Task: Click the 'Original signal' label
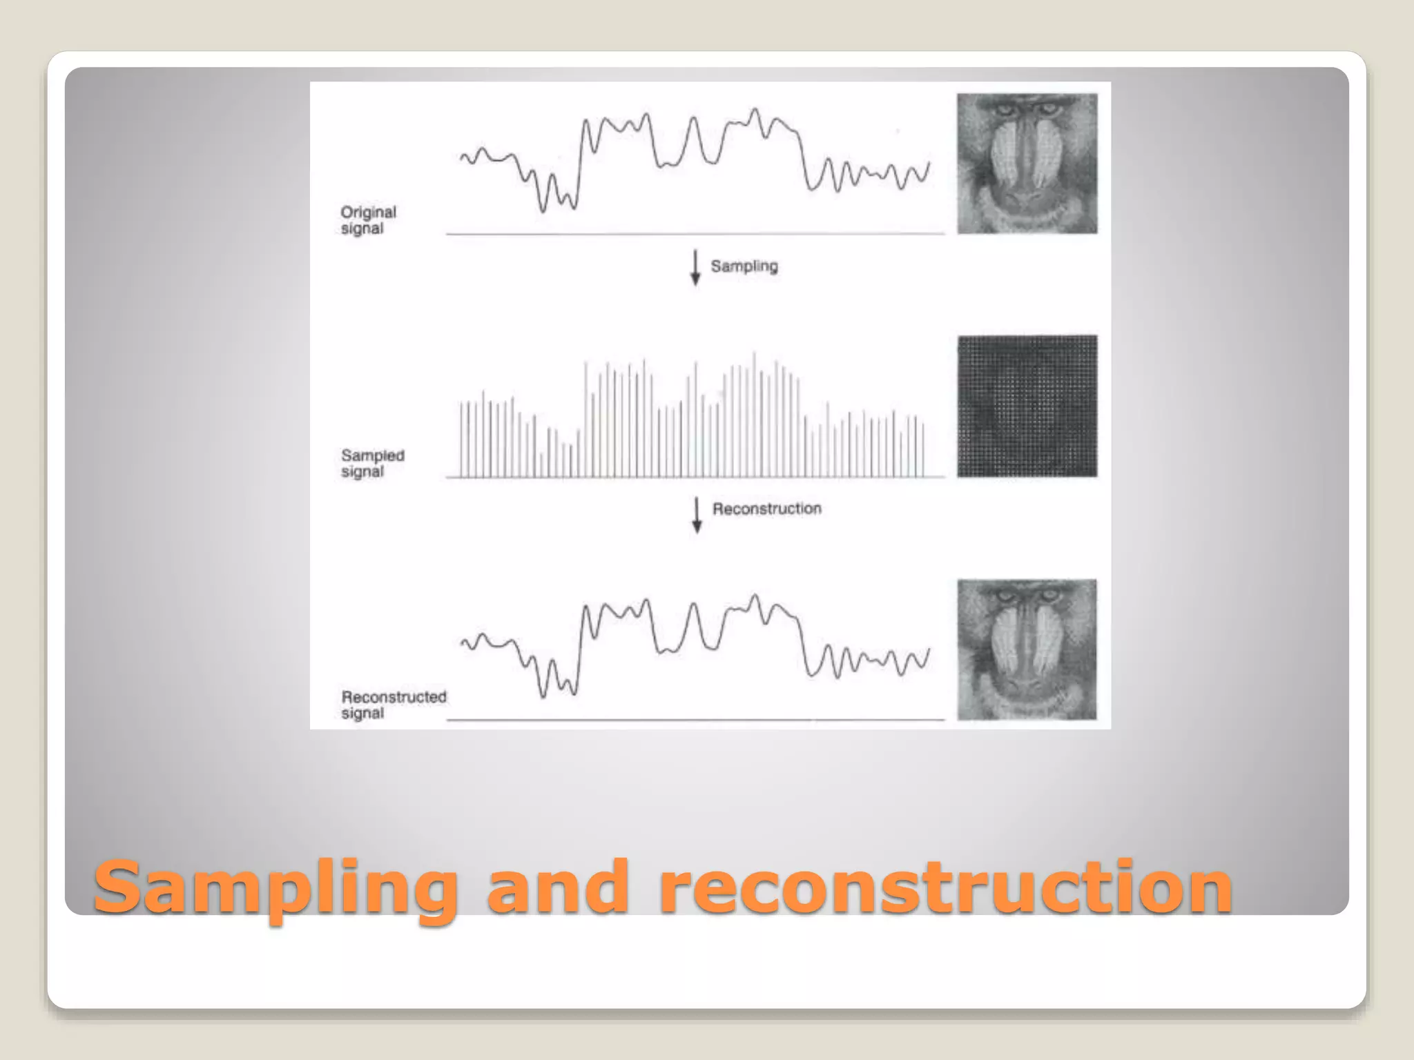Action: pos(368,220)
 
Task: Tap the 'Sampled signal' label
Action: pos(373,463)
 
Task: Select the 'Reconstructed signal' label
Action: pos(394,705)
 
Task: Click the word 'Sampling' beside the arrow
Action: pos(744,266)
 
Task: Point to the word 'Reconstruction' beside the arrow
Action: pos(766,509)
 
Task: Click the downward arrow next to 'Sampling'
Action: pos(695,268)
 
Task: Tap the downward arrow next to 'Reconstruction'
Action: pos(697,515)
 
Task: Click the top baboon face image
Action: pos(1027,164)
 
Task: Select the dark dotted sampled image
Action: pos(1027,406)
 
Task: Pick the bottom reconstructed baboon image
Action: pos(1027,649)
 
